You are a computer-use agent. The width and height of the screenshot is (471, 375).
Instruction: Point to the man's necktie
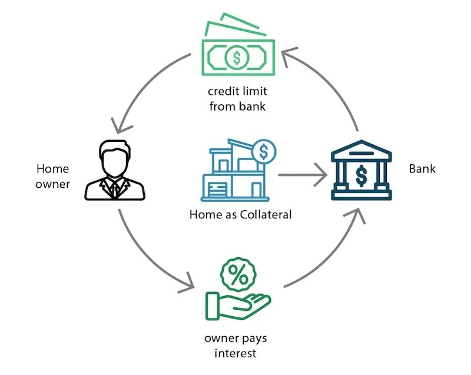point(114,188)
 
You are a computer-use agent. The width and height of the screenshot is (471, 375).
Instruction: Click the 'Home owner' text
point(53,176)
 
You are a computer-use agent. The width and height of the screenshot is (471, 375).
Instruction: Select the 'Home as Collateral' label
point(240,215)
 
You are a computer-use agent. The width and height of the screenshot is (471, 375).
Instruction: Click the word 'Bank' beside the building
point(422,169)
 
